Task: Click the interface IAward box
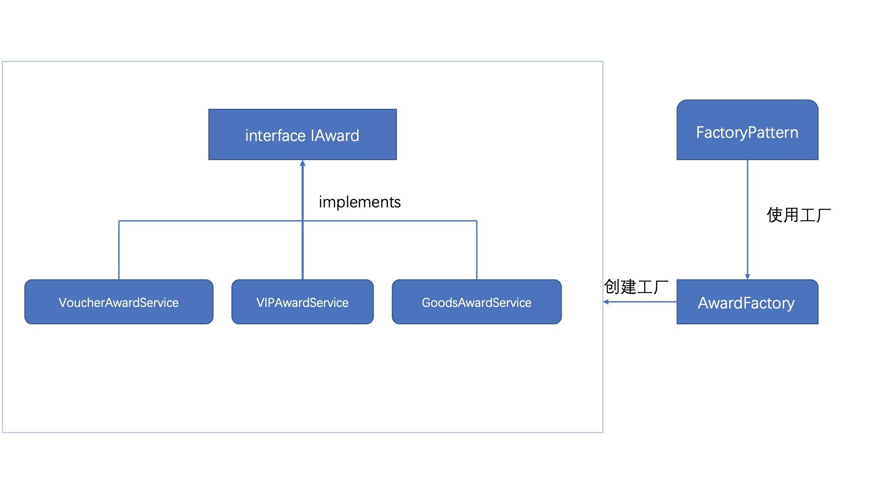point(302,134)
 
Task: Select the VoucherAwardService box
point(119,302)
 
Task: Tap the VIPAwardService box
point(303,302)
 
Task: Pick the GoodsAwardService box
point(477,302)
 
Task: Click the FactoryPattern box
point(747,130)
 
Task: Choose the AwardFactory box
point(747,302)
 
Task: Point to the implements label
point(359,202)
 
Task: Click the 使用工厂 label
point(798,215)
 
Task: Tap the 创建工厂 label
point(636,287)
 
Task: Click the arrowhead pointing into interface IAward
point(302,163)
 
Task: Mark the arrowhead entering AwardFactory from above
point(748,277)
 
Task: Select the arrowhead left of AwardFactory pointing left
point(605,302)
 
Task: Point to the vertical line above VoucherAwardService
point(119,250)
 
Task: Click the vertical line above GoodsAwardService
point(477,250)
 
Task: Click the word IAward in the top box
point(335,135)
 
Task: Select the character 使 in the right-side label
point(775,215)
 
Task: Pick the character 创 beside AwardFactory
point(612,287)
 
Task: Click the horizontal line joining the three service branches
point(298,221)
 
